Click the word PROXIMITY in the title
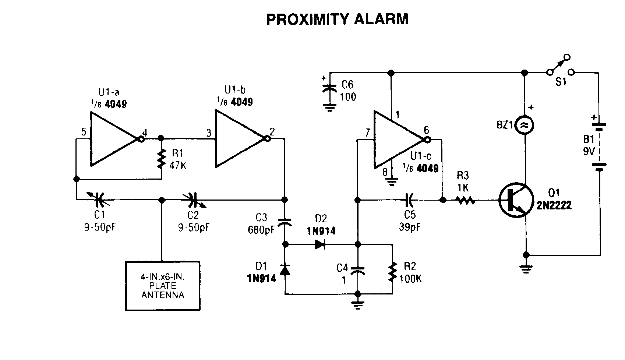pos(307,19)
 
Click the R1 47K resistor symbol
pos(161,159)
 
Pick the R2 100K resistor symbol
pos(392,272)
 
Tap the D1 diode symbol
pos(285,270)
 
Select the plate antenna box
pos(163,286)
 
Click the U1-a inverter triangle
pos(112,139)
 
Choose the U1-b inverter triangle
pos(237,139)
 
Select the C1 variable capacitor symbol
pos(99,200)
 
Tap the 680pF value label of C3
pos(261,230)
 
